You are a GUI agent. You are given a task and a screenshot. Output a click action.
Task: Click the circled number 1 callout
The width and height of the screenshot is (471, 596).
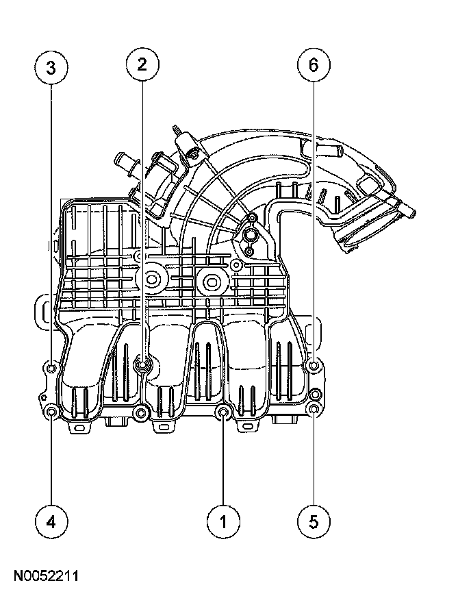tap(223, 521)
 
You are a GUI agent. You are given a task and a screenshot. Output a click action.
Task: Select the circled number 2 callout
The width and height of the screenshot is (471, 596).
tap(142, 64)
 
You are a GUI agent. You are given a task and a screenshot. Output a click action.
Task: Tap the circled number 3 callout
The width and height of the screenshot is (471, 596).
tap(51, 67)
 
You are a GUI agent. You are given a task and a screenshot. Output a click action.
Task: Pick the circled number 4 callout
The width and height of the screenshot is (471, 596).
tap(51, 521)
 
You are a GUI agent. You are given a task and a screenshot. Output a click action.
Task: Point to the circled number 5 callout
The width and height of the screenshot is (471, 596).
tap(314, 521)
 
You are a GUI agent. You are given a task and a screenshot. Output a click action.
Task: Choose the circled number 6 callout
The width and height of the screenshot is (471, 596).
tap(314, 64)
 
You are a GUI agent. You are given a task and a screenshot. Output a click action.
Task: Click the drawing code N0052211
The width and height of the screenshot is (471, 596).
tap(46, 575)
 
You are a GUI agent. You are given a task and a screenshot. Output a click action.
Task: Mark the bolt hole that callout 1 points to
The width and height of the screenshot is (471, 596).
tap(223, 412)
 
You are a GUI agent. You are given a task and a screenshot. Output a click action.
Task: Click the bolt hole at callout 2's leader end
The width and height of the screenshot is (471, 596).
tap(143, 366)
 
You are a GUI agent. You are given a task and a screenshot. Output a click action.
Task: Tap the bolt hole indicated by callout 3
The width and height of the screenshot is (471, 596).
tap(51, 367)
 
